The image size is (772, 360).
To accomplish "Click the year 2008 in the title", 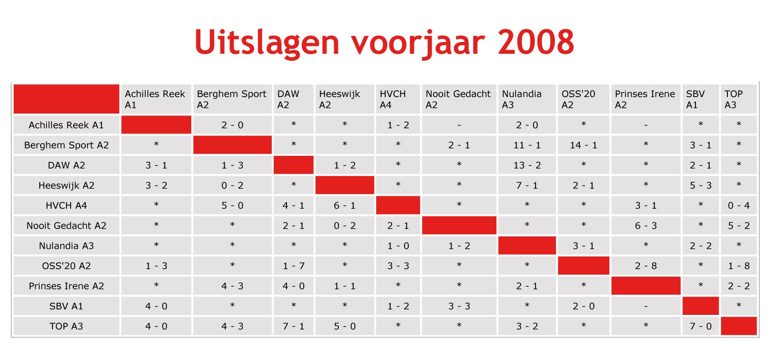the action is pyautogui.click(x=536, y=42).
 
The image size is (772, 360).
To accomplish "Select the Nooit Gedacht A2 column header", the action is pyautogui.click(x=458, y=99).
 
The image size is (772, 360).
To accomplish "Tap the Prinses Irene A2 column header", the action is pyautogui.click(x=645, y=99).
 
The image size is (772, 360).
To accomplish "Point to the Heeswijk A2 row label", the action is pyautogui.click(x=66, y=185).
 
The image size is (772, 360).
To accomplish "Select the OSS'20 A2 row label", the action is pyautogui.click(x=66, y=266).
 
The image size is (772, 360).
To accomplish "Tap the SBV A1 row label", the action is pyautogui.click(x=66, y=306).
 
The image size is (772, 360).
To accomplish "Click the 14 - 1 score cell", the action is pyautogui.click(x=583, y=145).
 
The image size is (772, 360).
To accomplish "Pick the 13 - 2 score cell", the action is pyautogui.click(x=527, y=165).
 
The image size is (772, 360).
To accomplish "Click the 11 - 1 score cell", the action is pyautogui.click(x=527, y=145).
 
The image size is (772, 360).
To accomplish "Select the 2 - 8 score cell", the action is pyautogui.click(x=646, y=266).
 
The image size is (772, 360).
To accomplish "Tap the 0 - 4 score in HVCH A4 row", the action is pyautogui.click(x=739, y=206).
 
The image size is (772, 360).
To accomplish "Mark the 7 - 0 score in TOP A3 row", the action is pyautogui.click(x=700, y=326).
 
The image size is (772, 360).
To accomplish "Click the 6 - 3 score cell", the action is pyautogui.click(x=646, y=226).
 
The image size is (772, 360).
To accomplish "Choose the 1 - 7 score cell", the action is pyautogui.click(x=294, y=266).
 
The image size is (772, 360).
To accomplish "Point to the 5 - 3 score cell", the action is pyautogui.click(x=700, y=185).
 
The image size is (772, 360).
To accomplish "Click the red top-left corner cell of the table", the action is pyautogui.click(x=66, y=99).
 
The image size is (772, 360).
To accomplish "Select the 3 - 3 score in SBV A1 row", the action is pyautogui.click(x=459, y=306).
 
